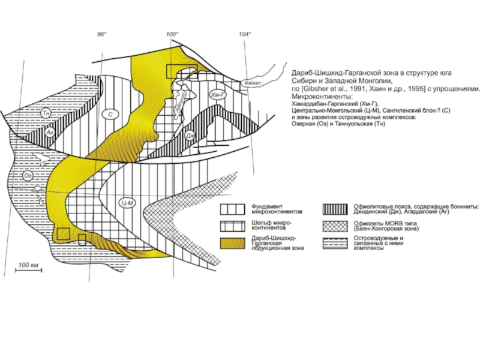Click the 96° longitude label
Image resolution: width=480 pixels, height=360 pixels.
(x=102, y=34)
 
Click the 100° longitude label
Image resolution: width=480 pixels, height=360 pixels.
(x=173, y=34)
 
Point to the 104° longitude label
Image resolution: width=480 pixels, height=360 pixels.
(x=244, y=34)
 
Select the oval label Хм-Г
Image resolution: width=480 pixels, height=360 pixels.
(x=217, y=95)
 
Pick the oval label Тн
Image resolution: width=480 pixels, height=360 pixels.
(x=45, y=112)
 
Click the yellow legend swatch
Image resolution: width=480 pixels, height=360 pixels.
(x=231, y=243)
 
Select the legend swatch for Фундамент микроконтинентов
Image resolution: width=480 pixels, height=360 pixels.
(x=231, y=209)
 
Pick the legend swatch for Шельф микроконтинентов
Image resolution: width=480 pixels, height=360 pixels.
(x=231, y=226)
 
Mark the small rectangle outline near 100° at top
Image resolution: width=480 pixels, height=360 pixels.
(x=178, y=71)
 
